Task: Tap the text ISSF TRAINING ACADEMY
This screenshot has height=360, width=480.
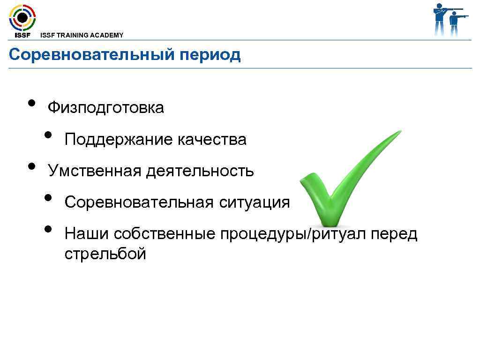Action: (82, 35)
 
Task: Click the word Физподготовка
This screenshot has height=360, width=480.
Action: (106, 108)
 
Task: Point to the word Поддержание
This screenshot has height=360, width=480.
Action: (119, 140)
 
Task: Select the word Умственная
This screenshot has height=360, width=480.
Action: (94, 171)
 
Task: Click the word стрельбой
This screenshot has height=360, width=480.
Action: (105, 254)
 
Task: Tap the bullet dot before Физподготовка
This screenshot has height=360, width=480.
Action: (32, 103)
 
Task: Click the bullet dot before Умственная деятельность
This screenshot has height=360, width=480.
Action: (32, 166)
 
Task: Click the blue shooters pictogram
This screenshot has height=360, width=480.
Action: (450, 20)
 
